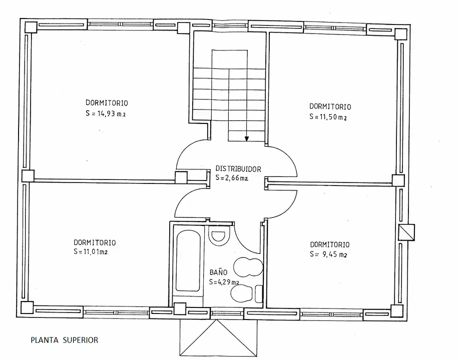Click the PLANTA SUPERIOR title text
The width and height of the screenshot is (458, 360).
point(64,340)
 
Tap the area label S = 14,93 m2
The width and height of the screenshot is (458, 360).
point(106,113)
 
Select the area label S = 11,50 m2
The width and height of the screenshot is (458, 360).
point(328,116)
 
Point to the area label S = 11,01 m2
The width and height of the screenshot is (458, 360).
point(91,251)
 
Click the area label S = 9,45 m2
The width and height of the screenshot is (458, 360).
point(328,254)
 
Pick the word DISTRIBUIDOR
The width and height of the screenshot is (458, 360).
point(238,168)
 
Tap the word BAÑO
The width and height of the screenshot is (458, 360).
point(218,272)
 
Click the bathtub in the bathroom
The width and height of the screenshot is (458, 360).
point(188,261)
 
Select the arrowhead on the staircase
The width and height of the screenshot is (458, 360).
point(247,138)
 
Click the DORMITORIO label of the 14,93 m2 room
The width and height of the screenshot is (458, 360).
point(107,102)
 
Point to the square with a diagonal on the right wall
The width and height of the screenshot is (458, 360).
point(406,232)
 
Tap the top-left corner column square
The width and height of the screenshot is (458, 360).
point(31,27)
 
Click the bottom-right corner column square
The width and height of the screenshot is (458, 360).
point(397,311)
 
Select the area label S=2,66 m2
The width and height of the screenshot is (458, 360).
point(232,177)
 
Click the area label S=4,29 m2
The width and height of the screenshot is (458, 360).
point(224,282)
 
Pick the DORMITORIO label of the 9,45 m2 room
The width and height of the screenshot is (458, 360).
point(330,244)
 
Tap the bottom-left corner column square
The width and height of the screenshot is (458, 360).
point(27,308)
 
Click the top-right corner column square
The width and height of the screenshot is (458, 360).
point(401,34)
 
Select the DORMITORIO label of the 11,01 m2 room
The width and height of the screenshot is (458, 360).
point(95,242)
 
